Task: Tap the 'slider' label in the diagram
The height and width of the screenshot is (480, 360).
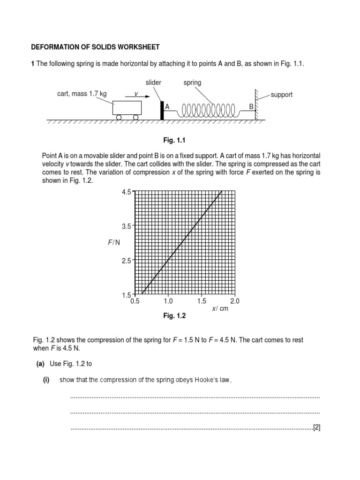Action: pyautogui.click(x=153, y=82)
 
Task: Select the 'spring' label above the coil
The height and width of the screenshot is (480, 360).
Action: pyautogui.click(x=192, y=82)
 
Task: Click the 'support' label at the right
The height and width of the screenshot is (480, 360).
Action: pyautogui.click(x=282, y=95)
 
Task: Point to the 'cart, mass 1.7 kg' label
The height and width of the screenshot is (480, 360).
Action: pyautogui.click(x=82, y=94)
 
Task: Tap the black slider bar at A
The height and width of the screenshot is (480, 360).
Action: pyautogui.click(x=162, y=111)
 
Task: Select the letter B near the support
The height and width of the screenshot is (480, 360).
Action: pyautogui.click(x=251, y=107)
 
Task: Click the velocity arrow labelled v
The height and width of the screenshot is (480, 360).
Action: pyautogui.click(x=141, y=97)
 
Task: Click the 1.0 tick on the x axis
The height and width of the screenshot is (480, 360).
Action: pyautogui.click(x=168, y=301)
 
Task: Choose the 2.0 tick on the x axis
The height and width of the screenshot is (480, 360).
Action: pyautogui.click(x=235, y=301)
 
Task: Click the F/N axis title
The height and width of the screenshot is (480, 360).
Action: pyautogui.click(x=114, y=242)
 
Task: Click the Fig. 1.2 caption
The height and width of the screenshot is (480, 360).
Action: pyautogui.click(x=174, y=316)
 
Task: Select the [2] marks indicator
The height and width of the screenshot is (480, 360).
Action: pyautogui.click(x=316, y=427)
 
